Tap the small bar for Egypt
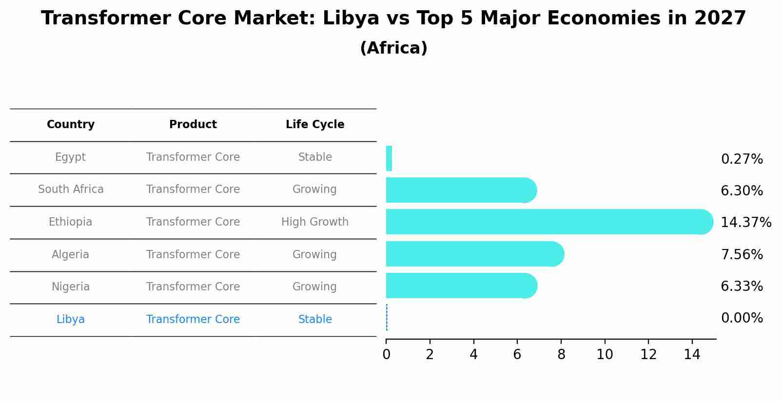pos(389,158)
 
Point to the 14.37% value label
pos(745,223)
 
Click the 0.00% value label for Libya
pos(742,318)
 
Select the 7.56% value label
pos(742,254)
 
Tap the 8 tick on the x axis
pos(561,354)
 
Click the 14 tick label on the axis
pos(692,354)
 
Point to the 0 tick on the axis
pos(386,354)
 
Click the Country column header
pos(71,125)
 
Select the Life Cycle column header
pos(315,125)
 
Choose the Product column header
pos(193,125)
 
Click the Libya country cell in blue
pos(71,320)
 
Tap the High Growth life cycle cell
pos(315,222)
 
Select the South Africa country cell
pos(71,190)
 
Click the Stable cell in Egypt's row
pos(315,157)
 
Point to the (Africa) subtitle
pos(393,48)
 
